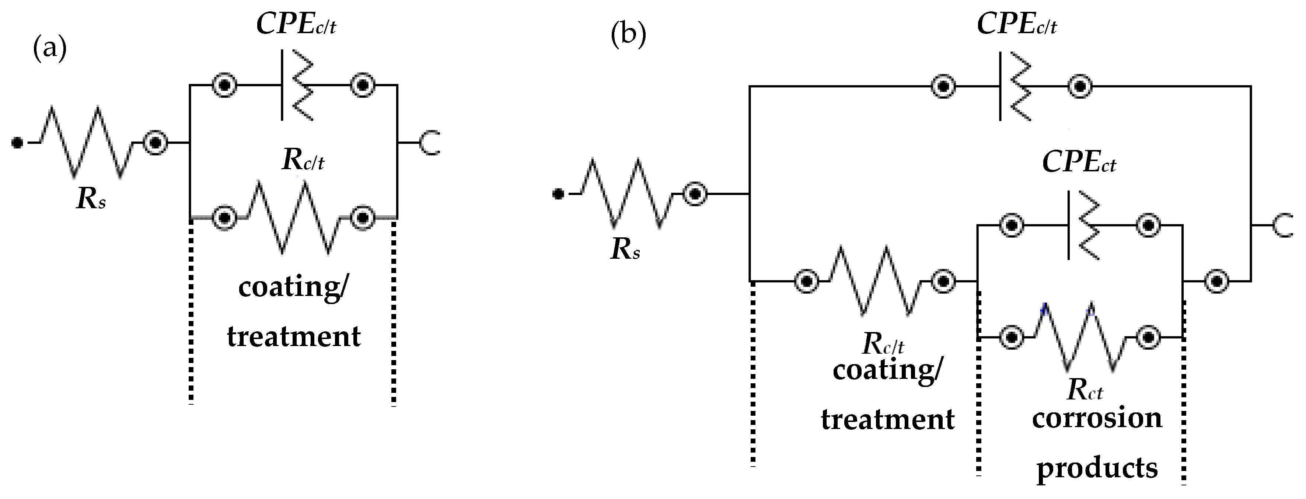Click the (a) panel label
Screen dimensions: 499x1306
pyautogui.click(x=49, y=49)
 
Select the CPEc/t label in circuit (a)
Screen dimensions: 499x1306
pyautogui.click(x=296, y=24)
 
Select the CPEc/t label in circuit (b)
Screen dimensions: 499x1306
pyautogui.click(x=1016, y=24)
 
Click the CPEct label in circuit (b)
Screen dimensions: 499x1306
pyautogui.click(x=1078, y=162)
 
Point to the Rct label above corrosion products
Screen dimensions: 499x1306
pyautogui.click(x=1085, y=390)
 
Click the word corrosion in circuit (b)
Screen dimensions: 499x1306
pyautogui.click(x=1097, y=418)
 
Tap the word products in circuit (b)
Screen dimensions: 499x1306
pyautogui.click(x=1097, y=468)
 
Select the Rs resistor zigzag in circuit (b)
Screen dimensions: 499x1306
pyautogui.click(x=626, y=193)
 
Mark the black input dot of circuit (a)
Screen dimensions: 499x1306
pyautogui.click(x=17, y=143)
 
